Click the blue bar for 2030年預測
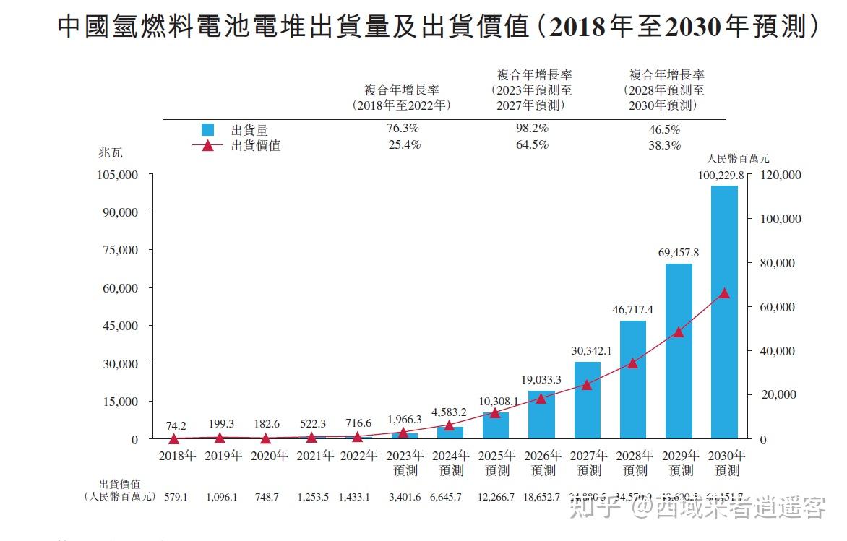724,312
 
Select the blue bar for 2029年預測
679,351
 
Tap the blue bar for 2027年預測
587,400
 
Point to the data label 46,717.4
632,309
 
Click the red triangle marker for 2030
724,293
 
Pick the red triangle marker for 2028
632,363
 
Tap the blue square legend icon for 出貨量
208,130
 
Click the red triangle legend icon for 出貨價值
208,145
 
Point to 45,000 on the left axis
117,326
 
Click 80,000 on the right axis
781,263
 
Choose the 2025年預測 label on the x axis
497,463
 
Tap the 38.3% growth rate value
665,145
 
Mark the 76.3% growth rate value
403,129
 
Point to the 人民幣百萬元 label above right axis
739,159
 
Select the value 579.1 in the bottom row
176,497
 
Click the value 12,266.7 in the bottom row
497,497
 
